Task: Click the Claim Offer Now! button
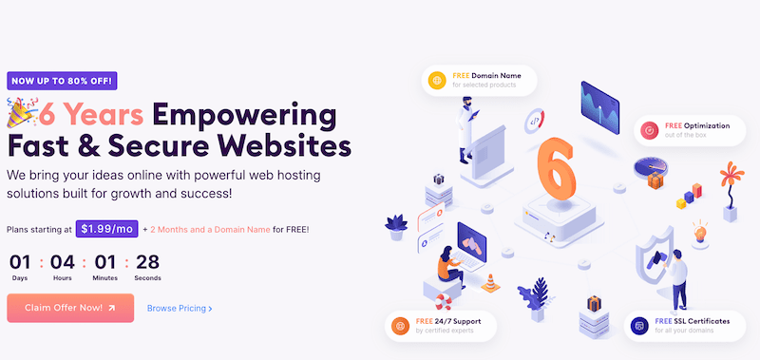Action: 70,308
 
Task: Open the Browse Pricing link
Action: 180,308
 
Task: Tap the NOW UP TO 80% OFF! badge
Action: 62,81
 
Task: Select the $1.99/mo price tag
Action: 106,229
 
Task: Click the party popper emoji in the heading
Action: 21,112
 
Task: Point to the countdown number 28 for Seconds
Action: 147,262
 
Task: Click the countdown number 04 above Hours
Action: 63,262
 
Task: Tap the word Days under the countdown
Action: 20,278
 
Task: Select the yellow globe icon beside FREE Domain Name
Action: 438,80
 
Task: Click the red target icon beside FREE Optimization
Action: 649,130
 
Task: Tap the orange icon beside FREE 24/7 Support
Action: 400,325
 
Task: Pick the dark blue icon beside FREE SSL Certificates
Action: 639,326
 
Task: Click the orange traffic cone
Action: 490,283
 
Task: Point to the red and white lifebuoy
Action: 443,302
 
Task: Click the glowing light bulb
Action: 700,233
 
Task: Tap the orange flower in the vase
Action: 731,175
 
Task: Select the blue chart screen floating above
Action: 600,107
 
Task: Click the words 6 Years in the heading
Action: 91,115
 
